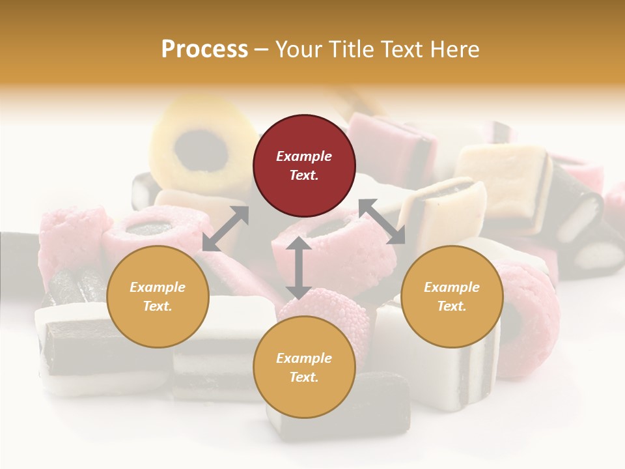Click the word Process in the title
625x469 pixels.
tap(204, 49)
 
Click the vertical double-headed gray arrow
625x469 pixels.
tap(298, 268)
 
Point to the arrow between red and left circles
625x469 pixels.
tap(225, 229)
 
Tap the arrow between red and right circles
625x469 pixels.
tap(382, 221)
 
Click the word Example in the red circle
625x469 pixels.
tap(304, 156)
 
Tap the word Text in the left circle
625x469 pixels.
tap(158, 306)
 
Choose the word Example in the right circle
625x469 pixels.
tap(451, 287)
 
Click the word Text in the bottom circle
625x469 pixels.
tap(304, 377)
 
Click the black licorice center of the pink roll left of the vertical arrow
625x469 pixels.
tap(148, 228)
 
